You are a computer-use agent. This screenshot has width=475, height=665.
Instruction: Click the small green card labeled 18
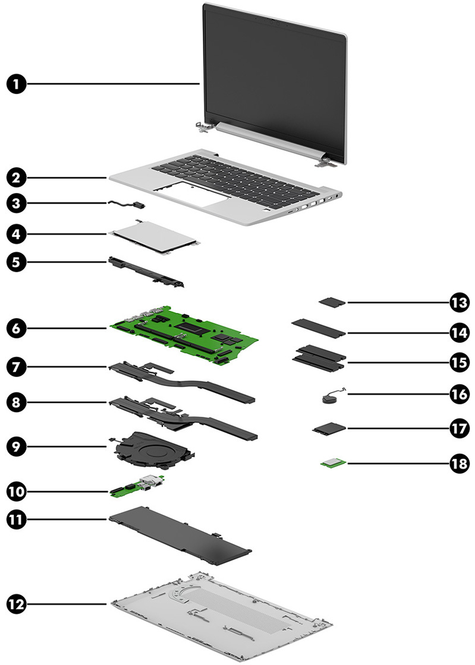(333, 463)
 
